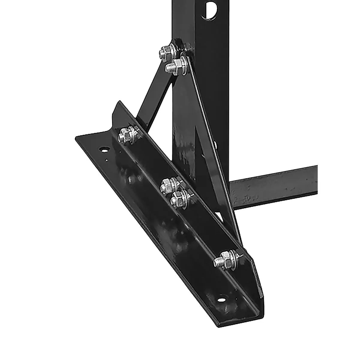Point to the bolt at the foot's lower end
coord(223,258)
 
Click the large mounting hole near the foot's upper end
coord(104,149)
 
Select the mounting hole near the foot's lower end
coord(221,300)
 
